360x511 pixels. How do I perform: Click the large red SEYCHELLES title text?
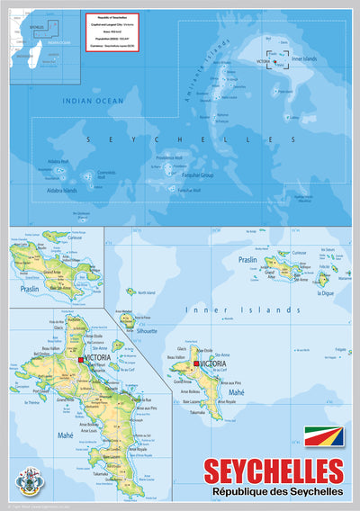point(274,471)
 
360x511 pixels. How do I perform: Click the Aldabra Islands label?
point(55,191)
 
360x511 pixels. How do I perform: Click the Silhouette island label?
point(147,330)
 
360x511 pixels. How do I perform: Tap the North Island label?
point(148,291)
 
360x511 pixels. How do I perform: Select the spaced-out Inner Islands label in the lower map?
point(242,309)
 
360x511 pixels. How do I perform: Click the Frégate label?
point(339,349)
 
